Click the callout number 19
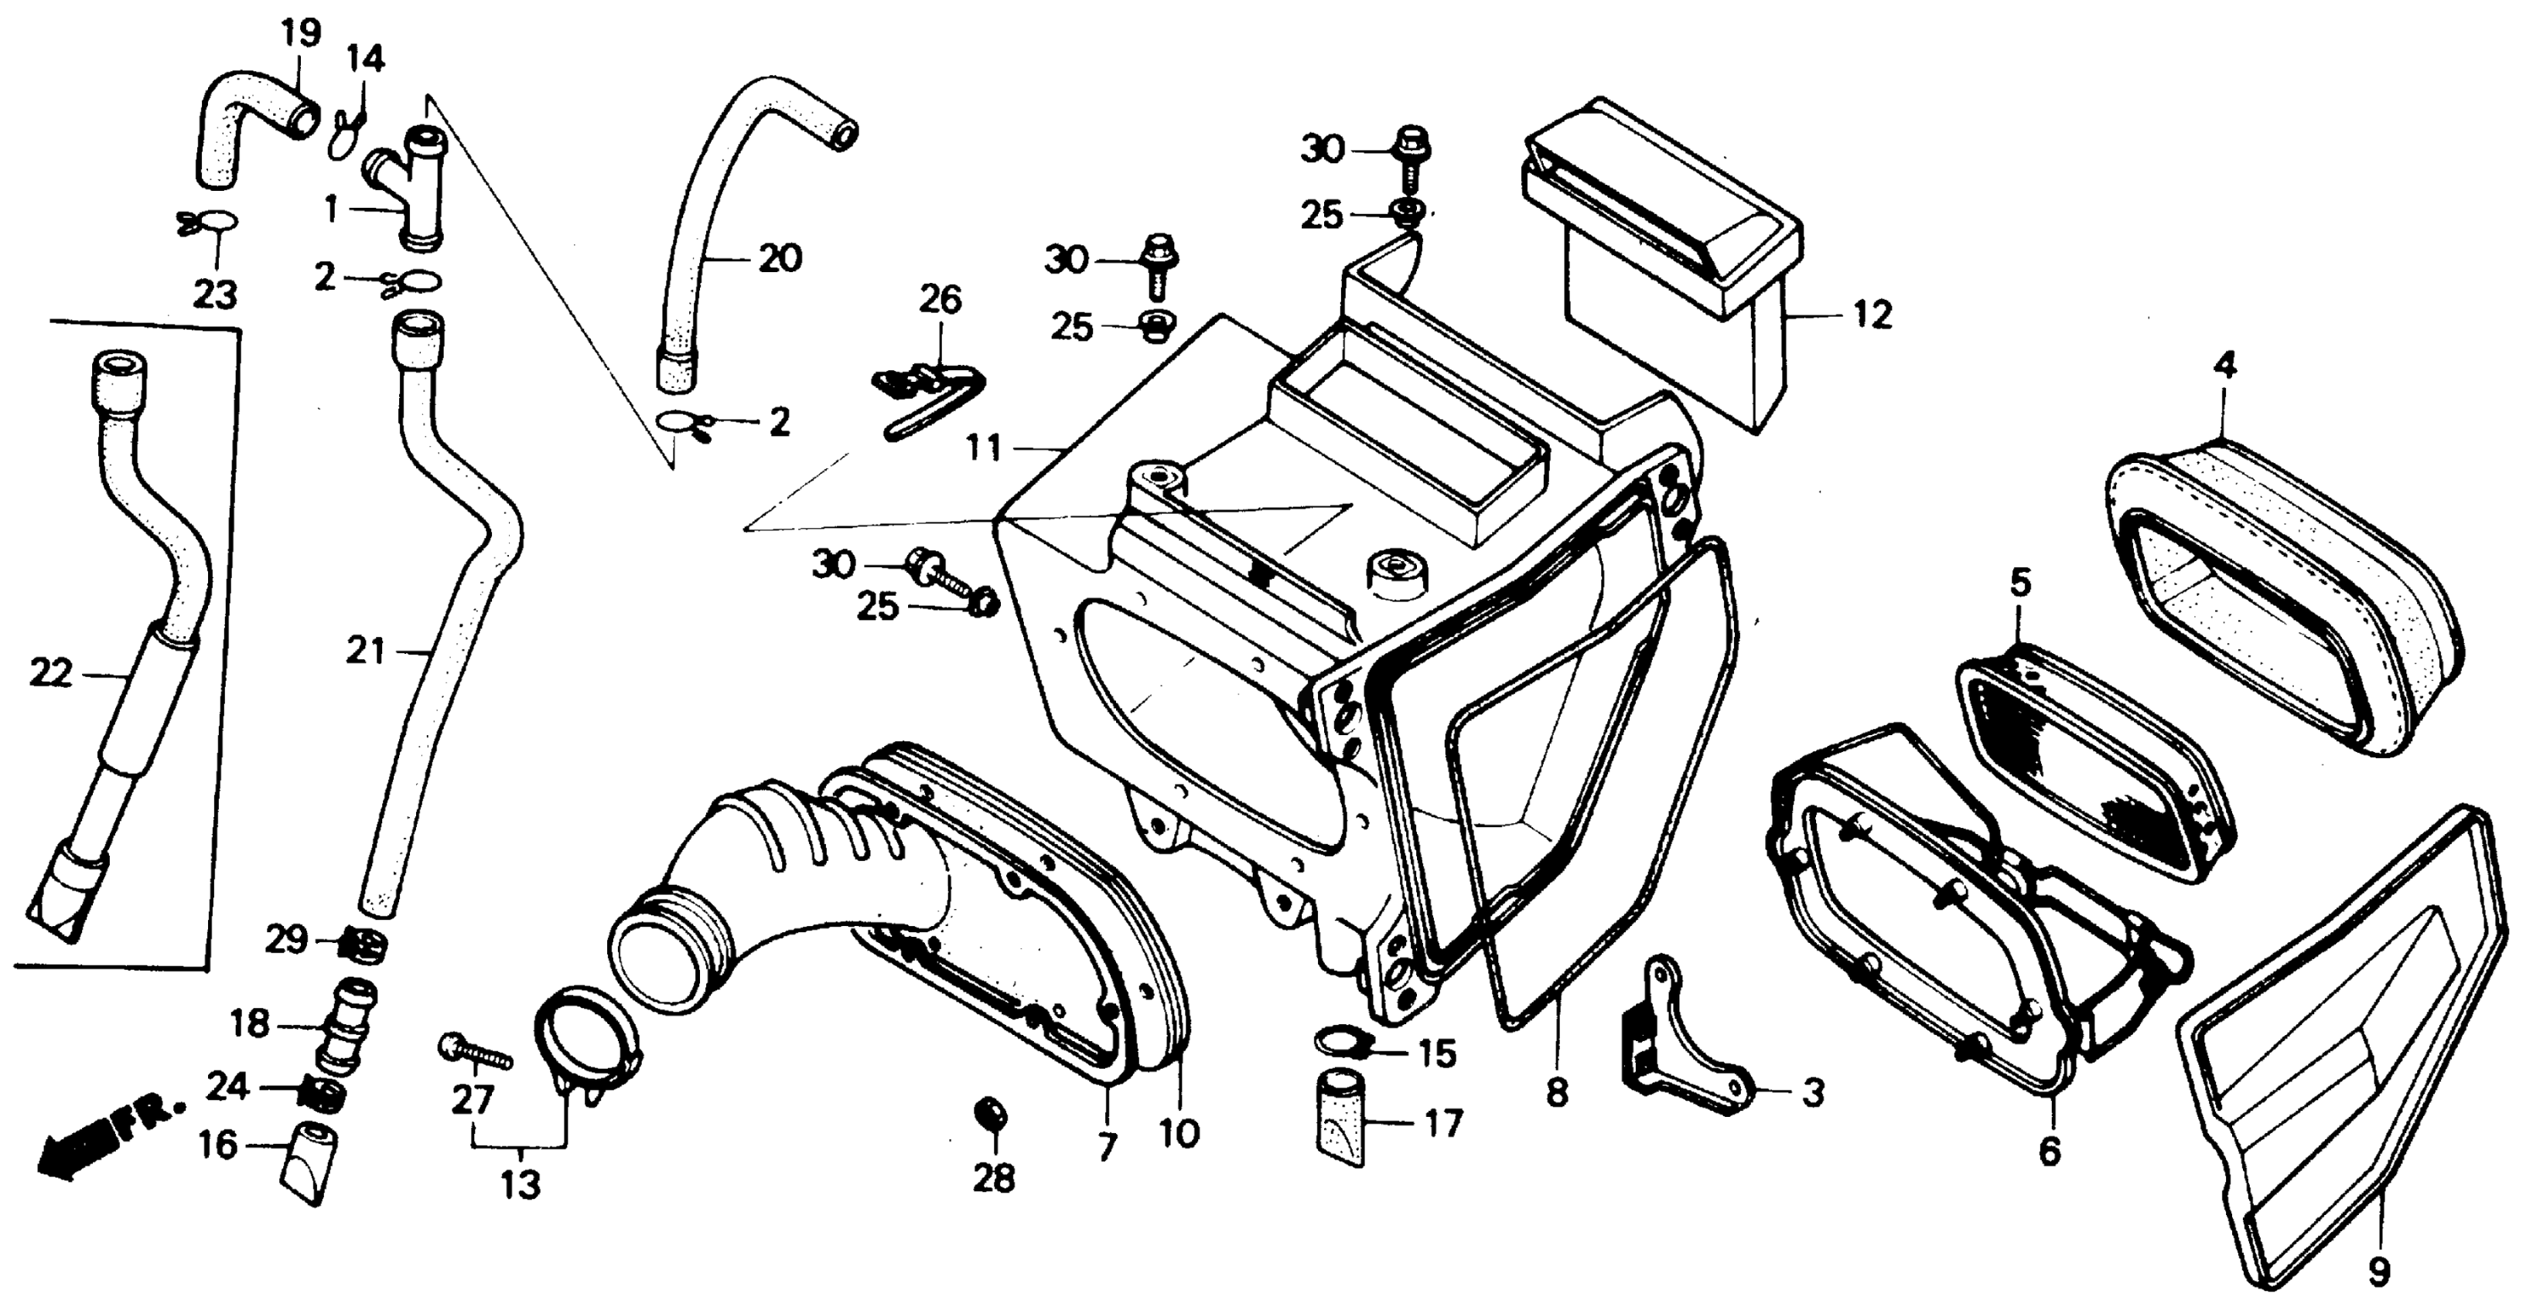point(301,32)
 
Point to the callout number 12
point(1872,315)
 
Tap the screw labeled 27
point(476,1054)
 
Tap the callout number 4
point(2225,366)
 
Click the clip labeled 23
point(210,224)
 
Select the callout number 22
point(51,673)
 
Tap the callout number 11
point(982,449)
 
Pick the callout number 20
point(780,258)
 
